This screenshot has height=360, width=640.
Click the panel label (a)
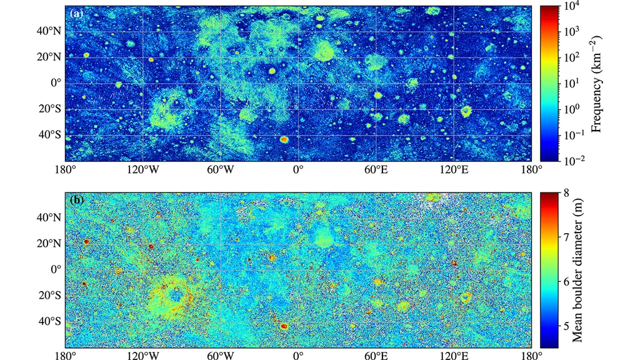coord(75,13)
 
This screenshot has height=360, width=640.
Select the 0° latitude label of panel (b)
coord(56,269)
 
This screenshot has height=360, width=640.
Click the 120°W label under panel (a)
coord(143,169)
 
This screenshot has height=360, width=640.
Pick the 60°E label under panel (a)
coord(376,169)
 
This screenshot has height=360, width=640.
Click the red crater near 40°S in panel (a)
coord(284,139)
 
